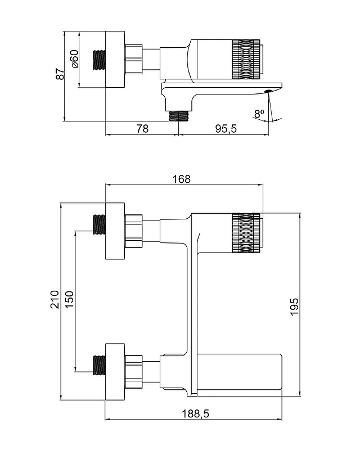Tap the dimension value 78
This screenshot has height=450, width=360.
(x=142, y=128)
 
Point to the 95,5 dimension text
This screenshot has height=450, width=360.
(x=226, y=128)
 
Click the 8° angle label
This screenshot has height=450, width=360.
(x=259, y=114)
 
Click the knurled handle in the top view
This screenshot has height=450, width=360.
(x=246, y=59)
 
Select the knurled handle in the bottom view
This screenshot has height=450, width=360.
(x=246, y=233)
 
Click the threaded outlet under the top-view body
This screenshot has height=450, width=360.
(x=178, y=116)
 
